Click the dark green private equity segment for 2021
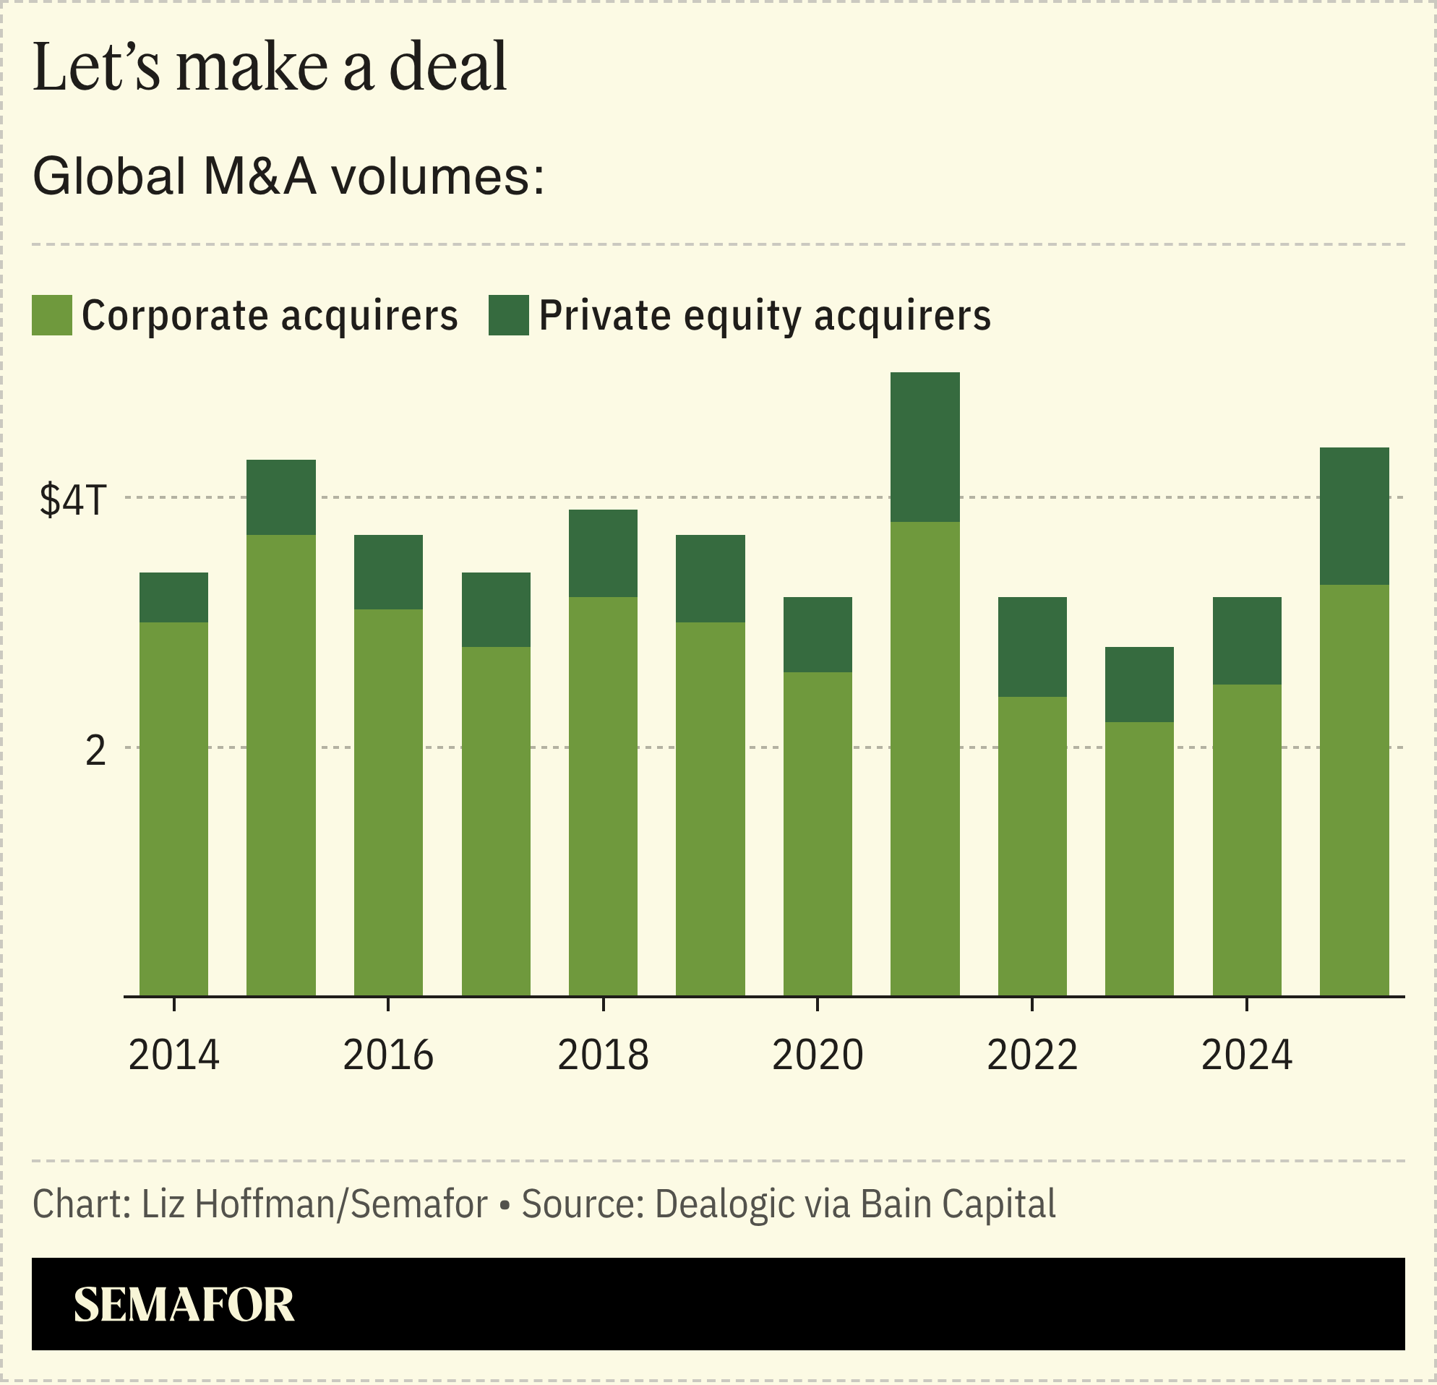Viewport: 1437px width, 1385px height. click(925, 447)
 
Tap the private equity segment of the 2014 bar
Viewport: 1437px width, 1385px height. click(173, 597)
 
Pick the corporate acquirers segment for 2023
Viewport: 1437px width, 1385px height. click(1138, 859)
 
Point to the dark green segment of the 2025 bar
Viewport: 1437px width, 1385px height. click(1353, 515)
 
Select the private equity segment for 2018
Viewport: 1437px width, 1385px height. click(603, 553)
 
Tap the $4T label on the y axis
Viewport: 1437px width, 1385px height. click(73, 500)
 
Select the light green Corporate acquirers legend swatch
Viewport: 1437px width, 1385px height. click(52, 315)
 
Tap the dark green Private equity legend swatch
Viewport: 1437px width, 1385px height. click(509, 315)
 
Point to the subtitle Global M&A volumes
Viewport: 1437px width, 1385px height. click(289, 176)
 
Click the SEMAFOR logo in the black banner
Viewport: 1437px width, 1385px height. click(184, 1303)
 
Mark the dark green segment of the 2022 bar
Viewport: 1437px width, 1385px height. click(1031, 647)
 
